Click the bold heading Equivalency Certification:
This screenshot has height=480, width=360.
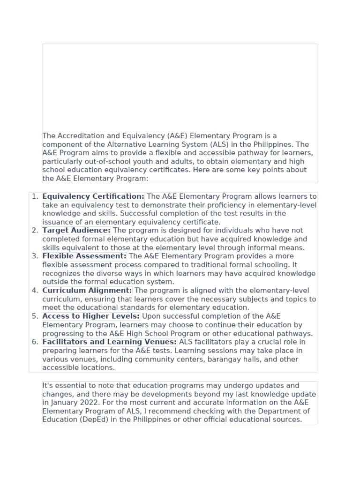(x=93, y=196)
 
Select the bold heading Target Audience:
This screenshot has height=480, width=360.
(x=76, y=231)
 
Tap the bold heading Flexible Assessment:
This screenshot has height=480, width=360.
(x=84, y=256)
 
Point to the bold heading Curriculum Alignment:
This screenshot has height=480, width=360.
(x=87, y=291)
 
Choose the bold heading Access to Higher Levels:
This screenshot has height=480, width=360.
(x=91, y=316)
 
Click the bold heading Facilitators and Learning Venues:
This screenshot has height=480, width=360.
(x=109, y=342)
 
